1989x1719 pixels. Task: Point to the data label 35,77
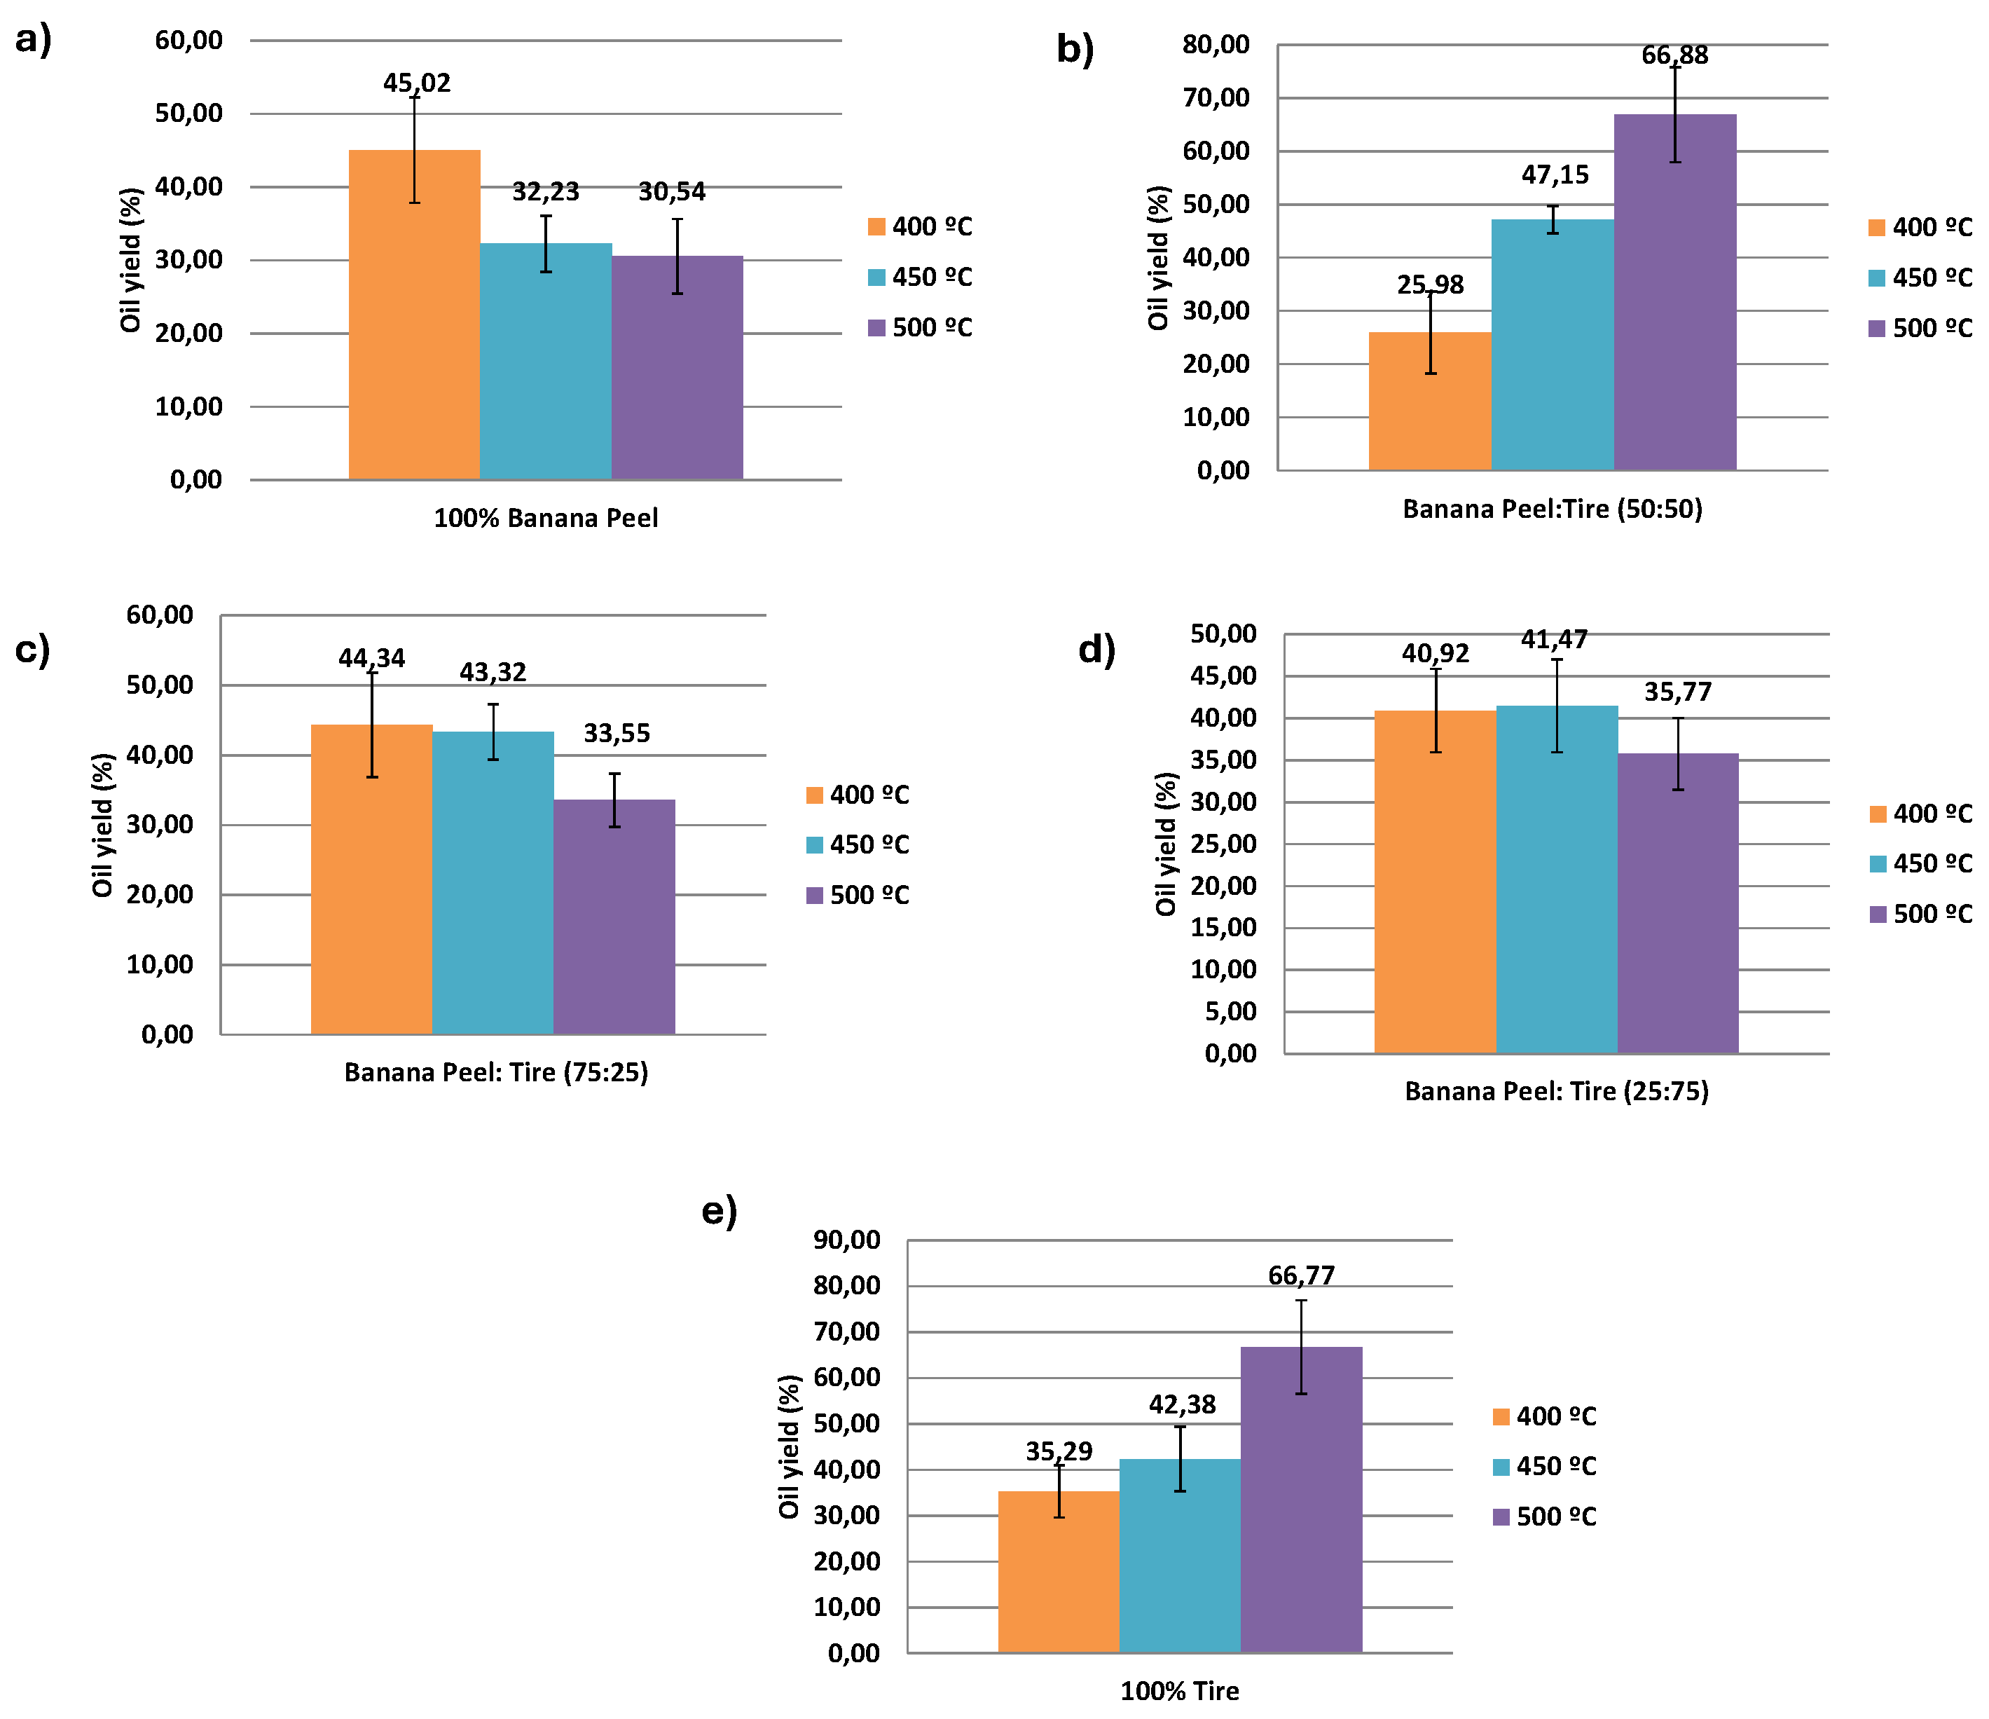(1677, 692)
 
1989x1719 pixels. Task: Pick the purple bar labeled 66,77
(1301, 1499)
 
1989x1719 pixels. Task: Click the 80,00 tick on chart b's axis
(1216, 45)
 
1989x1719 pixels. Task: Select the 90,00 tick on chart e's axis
(846, 1240)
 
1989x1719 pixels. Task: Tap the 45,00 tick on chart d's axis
(1223, 676)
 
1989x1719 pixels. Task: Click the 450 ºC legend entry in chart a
(920, 278)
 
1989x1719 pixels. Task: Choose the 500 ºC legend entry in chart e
(1545, 1517)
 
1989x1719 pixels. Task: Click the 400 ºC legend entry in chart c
(858, 795)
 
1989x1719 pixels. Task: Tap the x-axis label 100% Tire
(1179, 1691)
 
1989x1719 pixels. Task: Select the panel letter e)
(719, 1211)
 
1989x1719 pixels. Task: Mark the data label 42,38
(1182, 1405)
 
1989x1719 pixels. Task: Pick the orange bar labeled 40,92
(1434, 882)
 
